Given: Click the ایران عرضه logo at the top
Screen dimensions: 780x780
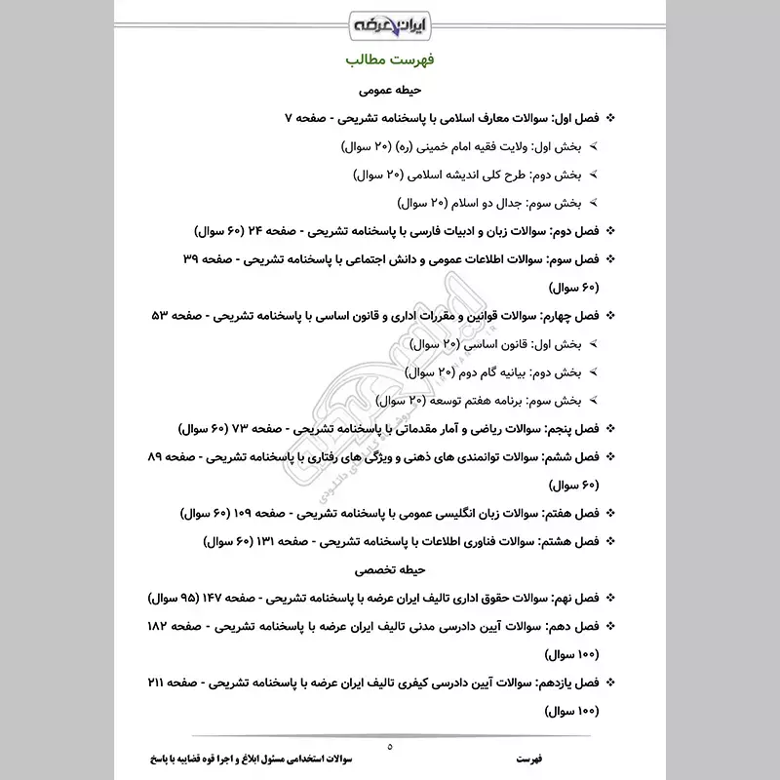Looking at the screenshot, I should pyautogui.click(x=390, y=21).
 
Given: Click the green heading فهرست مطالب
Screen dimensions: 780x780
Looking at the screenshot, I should pyautogui.click(x=390, y=60).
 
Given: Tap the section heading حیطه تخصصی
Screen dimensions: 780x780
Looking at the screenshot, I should pyautogui.click(x=390, y=567).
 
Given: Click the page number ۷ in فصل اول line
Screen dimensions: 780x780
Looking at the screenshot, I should pyautogui.click(x=289, y=118).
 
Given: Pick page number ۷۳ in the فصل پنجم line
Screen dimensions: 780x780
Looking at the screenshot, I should pyautogui.click(x=267, y=428).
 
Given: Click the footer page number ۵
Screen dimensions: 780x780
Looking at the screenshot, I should pyautogui.click(x=390, y=747).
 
